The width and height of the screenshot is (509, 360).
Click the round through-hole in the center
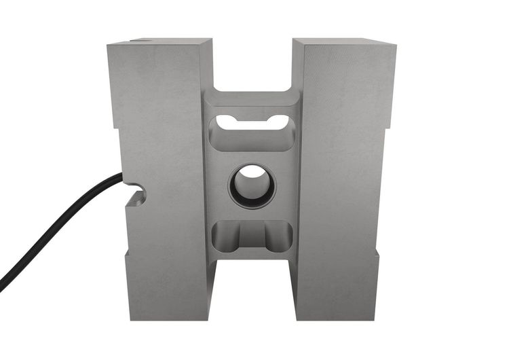pos(252,185)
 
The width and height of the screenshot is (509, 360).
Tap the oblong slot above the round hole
pos(252,124)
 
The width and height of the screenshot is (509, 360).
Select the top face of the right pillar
pos(344,42)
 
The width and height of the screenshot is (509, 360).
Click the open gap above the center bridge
pos(252,65)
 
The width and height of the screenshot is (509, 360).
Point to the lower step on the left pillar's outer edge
pos(126,253)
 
